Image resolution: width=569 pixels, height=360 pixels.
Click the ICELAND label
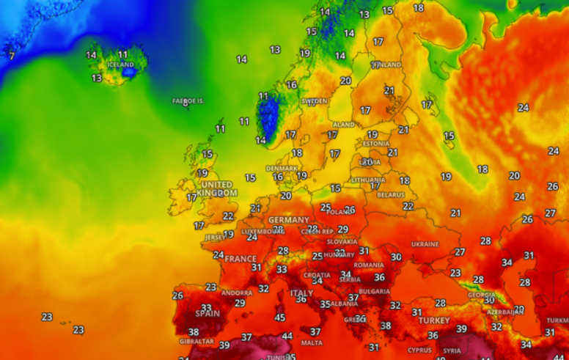(x=121, y=65)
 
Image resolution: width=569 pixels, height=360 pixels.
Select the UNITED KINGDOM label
(x=217, y=188)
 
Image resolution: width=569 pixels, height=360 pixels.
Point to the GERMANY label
(x=289, y=220)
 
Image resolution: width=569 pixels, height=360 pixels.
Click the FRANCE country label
(x=241, y=259)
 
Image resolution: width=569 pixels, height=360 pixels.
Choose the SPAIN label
(x=208, y=313)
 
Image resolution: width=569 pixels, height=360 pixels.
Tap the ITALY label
(x=301, y=293)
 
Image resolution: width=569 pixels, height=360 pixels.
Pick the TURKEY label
(x=434, y=320)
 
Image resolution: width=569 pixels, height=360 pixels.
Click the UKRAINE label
(x=425, y=244)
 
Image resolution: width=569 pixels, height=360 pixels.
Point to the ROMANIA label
(x=369, y=265)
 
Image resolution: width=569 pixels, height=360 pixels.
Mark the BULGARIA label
(x=374, y=291)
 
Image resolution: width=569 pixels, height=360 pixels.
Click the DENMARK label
(x=282, y=168)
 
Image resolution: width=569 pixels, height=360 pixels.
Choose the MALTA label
(x=312, y=342)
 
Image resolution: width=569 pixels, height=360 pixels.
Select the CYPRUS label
(x=420, y=350)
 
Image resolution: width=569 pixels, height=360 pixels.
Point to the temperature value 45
(x=279, y=317)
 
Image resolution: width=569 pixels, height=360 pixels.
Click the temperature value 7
(x=11, y=56)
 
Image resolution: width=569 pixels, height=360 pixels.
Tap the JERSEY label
(x=216, y=238)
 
